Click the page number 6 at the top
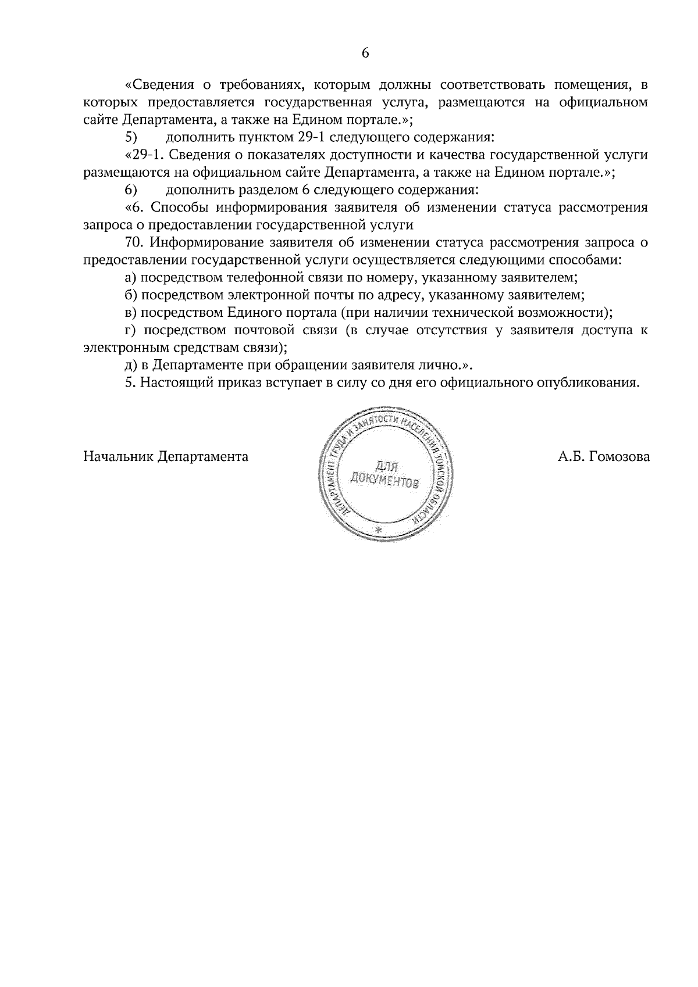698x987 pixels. (365, 53)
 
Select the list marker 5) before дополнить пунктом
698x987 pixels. (131, 138)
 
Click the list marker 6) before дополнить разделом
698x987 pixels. (131, 190)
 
